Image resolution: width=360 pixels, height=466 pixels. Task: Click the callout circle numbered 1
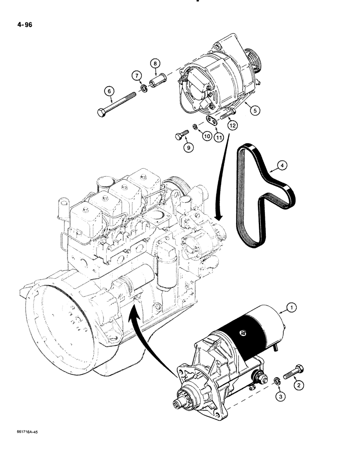click(x=318, y=307)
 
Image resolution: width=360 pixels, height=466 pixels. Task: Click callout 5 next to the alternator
click(x=255, y=111)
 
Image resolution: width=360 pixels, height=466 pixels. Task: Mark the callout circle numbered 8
click(x=155, y=62)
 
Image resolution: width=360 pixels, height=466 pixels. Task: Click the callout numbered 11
click(x=219, y=137)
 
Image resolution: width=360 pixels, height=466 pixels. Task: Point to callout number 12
click(x=232, y=125)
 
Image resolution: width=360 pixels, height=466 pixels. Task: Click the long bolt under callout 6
click(x=117, y=104)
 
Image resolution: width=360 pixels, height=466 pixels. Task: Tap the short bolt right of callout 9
click(x=181, y=135)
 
